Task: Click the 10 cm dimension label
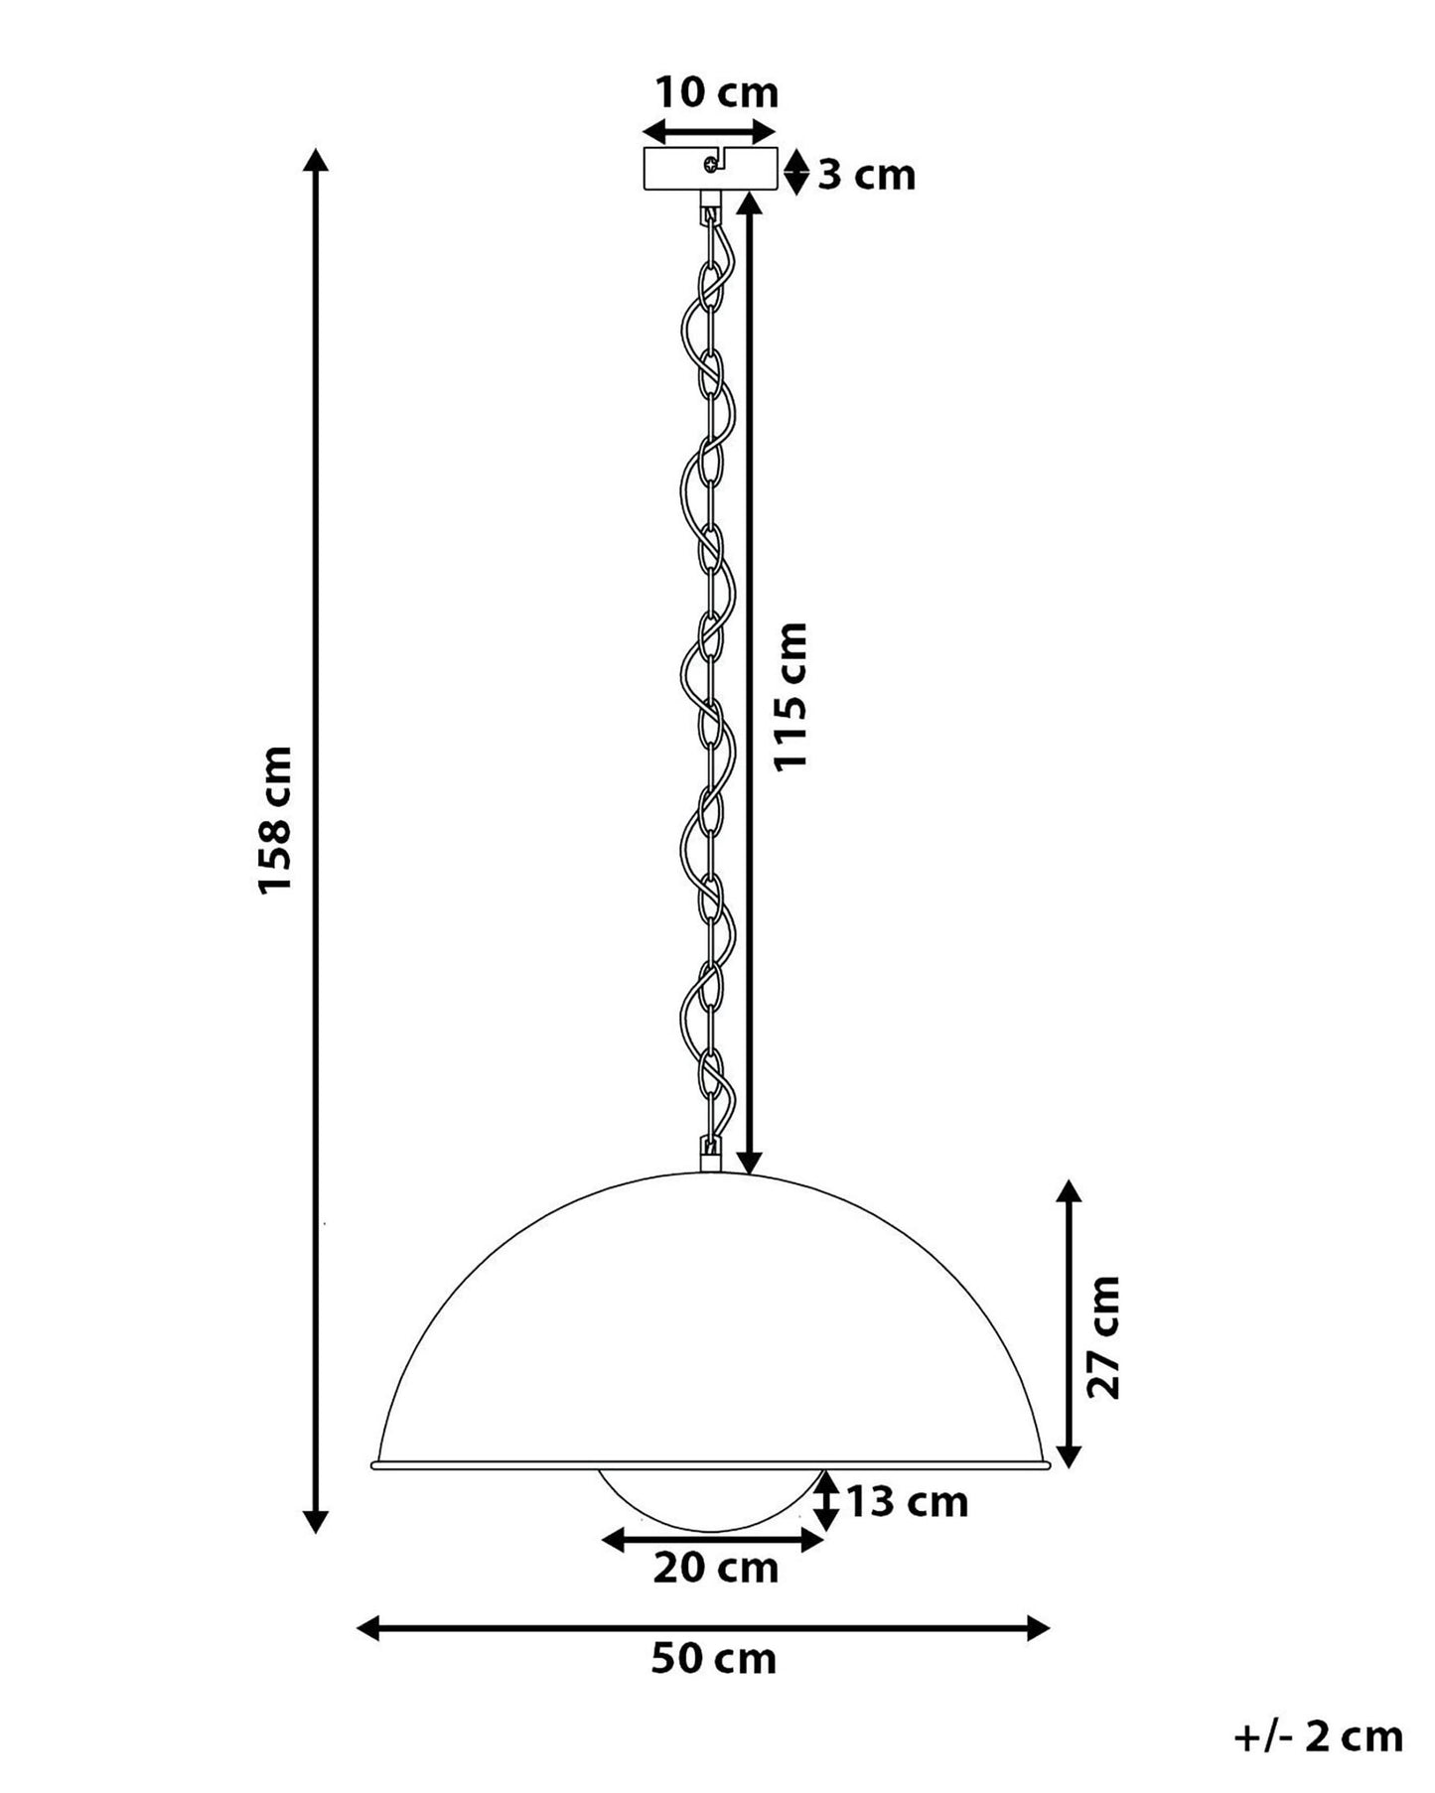pyautogui.click(x=716, y=92)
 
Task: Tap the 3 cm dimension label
pyautogui.click(x=866, y=175)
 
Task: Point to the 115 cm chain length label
pyautogui.click(x=791, y=696)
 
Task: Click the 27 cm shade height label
pyautogui.click(x=1103, y=1337)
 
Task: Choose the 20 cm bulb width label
pyautogui.click(x=716, y=1569)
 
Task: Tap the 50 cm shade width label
pyautogui.click(x=714, y=1659)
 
